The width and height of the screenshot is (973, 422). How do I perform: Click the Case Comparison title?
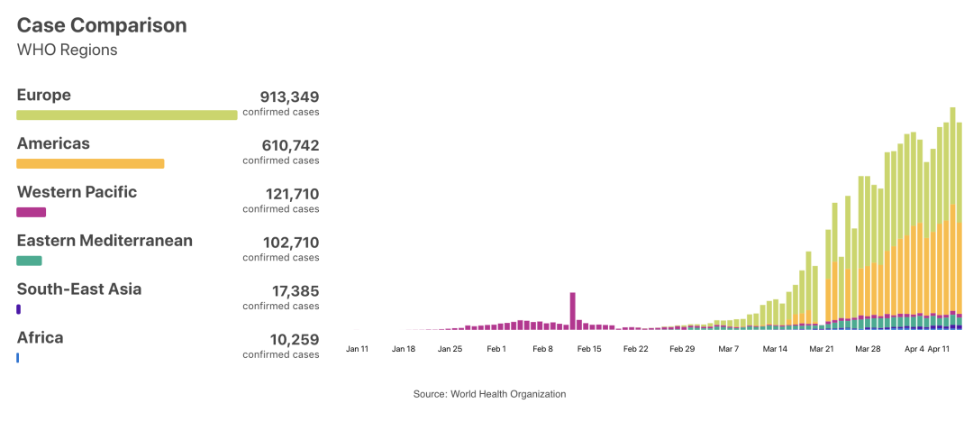[x=102, y=25]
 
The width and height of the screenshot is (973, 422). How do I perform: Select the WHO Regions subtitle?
[x=68, y=50]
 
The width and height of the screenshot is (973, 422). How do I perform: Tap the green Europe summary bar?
[x=127, y=115]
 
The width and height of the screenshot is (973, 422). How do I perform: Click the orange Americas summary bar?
[x=90, y=163]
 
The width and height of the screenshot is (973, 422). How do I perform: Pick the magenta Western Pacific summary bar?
[x=32, y=212]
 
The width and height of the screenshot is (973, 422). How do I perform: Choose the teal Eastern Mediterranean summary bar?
[x=29, y=261]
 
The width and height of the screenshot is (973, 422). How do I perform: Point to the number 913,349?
[x=289, y=96]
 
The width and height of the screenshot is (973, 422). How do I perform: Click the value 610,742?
[x=289, y=145]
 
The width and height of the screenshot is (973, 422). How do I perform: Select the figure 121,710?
[x=291, y=194]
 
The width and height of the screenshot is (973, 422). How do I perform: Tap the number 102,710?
[x=290, y=243]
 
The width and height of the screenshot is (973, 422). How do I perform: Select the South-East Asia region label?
[x=79, y=289]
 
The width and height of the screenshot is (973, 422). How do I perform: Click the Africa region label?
[x=41, y=338]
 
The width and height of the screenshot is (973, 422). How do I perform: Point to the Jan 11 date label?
[x=358, y=348]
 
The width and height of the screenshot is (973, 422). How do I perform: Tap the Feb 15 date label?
[x=589, y=348]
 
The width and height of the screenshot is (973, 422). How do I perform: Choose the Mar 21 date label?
[x=821, y=348]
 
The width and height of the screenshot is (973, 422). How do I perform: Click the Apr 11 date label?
[x=940, y=348]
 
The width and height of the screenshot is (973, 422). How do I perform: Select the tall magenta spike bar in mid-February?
[x=572, y=310]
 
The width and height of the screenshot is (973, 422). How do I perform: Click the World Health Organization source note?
[x=489, y=394]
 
